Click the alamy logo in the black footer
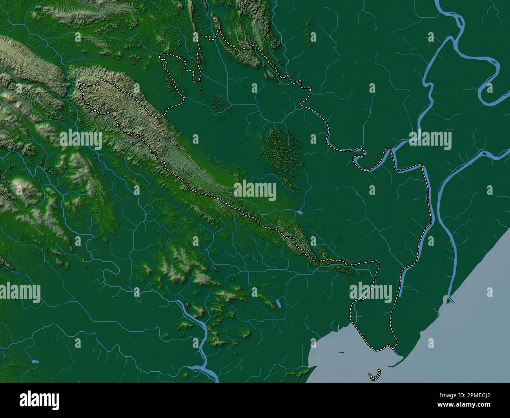39,400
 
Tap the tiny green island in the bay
341,352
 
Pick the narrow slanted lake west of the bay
278,303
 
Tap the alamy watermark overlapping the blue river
430,140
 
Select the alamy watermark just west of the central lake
255,190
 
